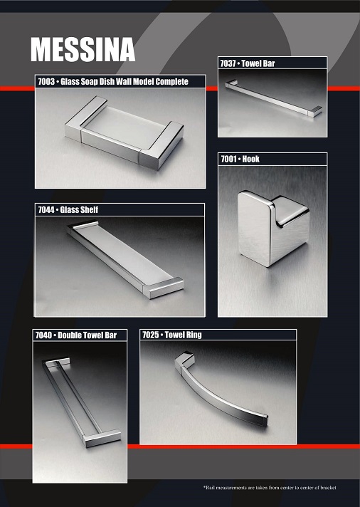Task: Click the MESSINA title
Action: [83, 49]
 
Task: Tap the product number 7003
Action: [46, 81]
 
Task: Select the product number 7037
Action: [228, 63]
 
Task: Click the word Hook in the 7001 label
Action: [250, 159]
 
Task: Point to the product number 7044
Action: [46, 209]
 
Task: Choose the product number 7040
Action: [43, 335]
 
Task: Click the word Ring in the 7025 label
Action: [194, 335]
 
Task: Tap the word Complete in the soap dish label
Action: [171, 81]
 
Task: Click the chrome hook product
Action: [273, 229]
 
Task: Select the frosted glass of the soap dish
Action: [125, 127]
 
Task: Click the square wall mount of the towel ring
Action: [184, 360]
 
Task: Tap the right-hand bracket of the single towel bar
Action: [315, 111]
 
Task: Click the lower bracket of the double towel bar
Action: [101, 438]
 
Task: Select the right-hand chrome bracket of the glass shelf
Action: [164, 287]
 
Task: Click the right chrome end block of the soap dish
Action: [162, 145]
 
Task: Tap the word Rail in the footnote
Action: [210, 487]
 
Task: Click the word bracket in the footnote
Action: [328, 487]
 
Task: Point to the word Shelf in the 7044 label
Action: [88, 209]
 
